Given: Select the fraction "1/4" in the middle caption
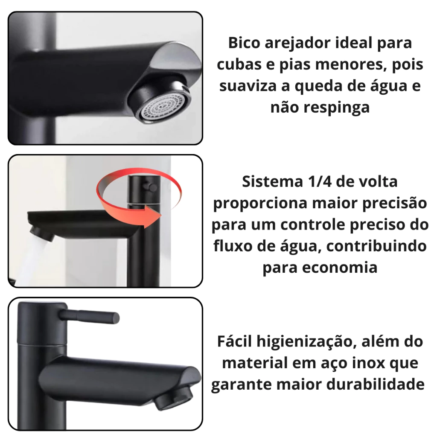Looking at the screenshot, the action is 319,182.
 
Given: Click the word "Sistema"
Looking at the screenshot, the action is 272,182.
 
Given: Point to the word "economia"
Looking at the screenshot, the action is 340,268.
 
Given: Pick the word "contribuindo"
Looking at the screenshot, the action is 376,246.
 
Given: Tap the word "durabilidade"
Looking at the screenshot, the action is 376,385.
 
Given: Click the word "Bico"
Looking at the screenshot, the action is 244,43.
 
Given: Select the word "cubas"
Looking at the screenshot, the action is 239,65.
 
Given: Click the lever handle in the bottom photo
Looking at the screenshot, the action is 90,317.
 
